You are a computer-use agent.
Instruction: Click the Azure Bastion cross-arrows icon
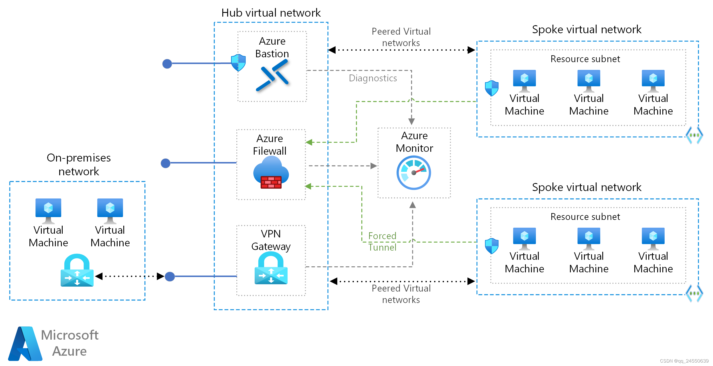click(272, 75)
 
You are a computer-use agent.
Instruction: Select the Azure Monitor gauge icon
click(413, 173)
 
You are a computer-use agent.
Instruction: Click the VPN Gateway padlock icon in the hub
click(271, 268)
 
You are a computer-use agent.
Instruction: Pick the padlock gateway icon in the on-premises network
click(77, 270)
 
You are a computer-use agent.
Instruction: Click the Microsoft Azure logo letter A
click(25, 344)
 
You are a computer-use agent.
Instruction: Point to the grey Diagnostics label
click(373, 78)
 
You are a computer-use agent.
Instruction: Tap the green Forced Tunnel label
click(382, 241)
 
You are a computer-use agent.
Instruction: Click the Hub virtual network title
click(271, 13)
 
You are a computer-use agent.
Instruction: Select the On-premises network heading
click(79, 164)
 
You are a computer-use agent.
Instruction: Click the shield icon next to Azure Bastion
click(238, 63)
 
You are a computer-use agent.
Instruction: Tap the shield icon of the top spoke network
click(492, 88)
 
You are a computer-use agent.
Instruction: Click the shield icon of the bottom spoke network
click(492, 246)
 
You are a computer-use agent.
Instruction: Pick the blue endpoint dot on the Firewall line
click(166, 163)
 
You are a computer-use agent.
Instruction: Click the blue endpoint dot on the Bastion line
click(167, 64)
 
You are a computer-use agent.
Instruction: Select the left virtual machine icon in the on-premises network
click(48, 210)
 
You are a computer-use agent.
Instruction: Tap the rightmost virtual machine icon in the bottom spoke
click(653, 239)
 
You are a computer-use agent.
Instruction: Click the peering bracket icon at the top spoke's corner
click(694, 135)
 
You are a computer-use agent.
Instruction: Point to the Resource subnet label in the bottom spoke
click(585, 217)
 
